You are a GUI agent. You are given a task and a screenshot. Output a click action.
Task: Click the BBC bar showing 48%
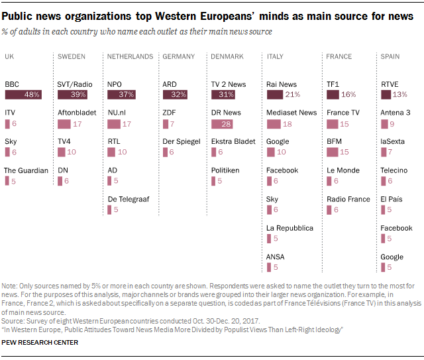pyautogui.click(x=23, y=95)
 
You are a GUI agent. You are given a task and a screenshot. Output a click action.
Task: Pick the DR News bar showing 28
pyautogui.click(x=222, y=124)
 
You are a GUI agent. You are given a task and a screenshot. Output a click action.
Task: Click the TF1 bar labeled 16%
pyautogui.click(x=333, y=95)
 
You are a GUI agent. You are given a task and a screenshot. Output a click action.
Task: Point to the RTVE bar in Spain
pyautogui.click(x=385, y=95)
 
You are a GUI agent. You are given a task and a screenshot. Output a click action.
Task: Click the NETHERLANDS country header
pyautogui.click(x=130, y=57)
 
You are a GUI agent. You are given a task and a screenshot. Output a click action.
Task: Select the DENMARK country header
pyautogui.click(x=227, y=57)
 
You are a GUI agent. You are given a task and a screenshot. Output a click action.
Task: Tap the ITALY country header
pyautogui.click(x=275, y=57)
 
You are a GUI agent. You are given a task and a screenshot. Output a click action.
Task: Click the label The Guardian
pyautogui.click(x=26, y=170)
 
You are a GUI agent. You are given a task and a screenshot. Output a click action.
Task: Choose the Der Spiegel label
pyautogui.click(x=182, y=141)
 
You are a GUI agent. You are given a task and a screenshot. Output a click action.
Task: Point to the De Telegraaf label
pyautogui.click(x=130, y=199)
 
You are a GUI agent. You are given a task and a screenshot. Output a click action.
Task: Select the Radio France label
pyautogui.click(x=348, y=199)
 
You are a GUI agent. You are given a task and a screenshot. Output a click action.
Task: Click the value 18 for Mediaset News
pyautogui.click(x=288, y=124)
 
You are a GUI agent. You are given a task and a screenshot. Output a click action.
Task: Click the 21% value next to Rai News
pyautogui.click(x=293, y=95)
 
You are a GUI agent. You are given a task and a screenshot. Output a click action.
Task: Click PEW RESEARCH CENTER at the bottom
pyautogui.click(x=40, y=342)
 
